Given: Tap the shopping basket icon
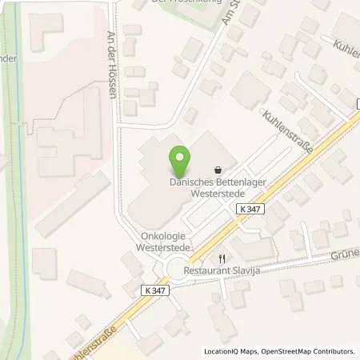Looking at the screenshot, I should pos(218,170).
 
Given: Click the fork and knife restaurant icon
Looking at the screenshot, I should pos(223,258).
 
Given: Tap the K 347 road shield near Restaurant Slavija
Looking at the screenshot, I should pos(250,209).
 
